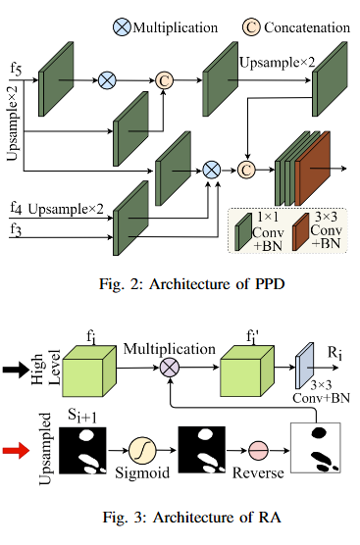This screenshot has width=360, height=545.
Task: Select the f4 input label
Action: (16, 209)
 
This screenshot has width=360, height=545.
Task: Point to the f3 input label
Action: (16, 229)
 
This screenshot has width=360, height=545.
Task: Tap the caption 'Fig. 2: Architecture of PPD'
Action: (180, 284)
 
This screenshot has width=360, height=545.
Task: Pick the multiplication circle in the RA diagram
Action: (170, 368)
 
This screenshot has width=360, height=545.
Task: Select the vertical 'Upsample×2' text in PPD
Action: (15, 127)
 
